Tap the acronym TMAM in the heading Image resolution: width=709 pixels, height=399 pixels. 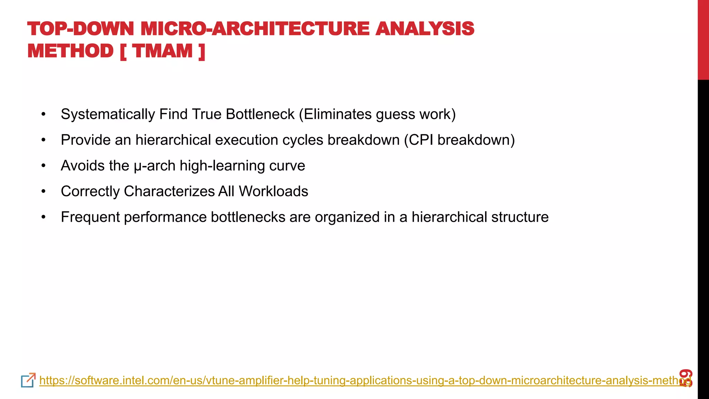162,51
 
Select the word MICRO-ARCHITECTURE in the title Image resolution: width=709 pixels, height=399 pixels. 255,28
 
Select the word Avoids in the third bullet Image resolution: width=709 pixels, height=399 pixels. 83,166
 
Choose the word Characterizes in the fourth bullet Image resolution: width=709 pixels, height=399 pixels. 169,191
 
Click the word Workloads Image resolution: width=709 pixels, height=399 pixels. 273,191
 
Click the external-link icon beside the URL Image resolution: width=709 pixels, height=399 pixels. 28,380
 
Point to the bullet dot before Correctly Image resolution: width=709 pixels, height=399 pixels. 43,191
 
